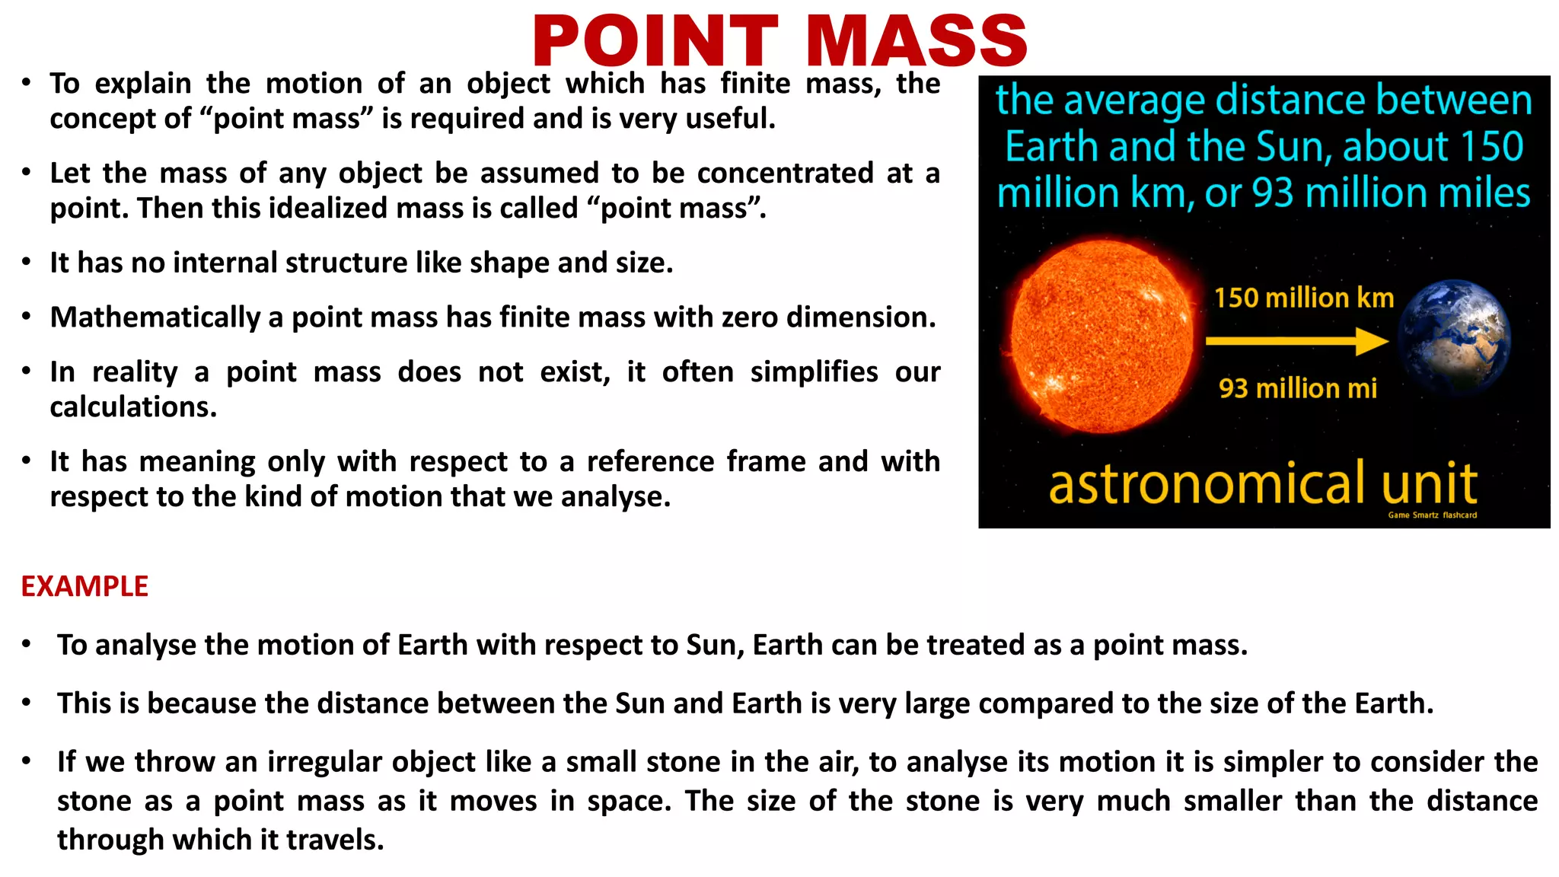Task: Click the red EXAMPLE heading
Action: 84,586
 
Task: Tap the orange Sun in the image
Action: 1102,337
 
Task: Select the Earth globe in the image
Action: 1455,336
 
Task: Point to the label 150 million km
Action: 1303,298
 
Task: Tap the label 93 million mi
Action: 1298,388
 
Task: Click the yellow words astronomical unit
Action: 1263,483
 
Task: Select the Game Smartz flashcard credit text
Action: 1432,515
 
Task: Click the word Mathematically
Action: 155,317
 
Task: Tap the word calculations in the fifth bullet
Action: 132,407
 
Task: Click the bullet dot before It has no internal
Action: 27,263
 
